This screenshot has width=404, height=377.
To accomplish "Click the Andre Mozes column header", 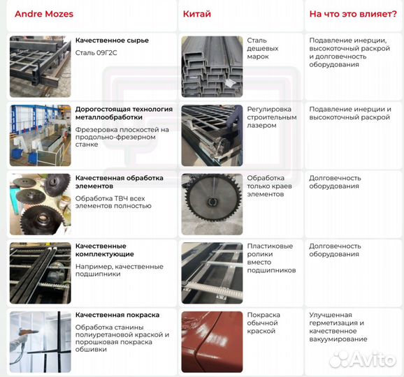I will coord(43,14).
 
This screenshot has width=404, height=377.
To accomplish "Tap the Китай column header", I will coord(197,14).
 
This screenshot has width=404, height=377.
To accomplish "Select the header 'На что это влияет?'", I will coord(344,14).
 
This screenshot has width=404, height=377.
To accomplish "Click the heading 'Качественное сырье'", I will coord(112,40).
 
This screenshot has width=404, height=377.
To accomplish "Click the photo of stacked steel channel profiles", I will coord(212,67).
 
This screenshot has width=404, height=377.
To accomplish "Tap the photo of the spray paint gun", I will coord(40,341).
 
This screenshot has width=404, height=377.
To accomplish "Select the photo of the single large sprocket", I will coord(212,204).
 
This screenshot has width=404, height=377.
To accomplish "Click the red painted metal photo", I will coord(212,341).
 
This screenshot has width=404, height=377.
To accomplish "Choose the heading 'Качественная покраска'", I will coord(117,315).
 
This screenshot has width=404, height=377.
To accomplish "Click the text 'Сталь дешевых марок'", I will coord(263,48).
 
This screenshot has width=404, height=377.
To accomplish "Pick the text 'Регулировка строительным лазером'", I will coord(272,117).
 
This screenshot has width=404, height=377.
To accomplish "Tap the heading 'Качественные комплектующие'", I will coord(105,250).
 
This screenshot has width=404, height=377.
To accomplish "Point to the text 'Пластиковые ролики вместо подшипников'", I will coord(271,258).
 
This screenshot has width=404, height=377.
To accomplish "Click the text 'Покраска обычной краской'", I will coord(264,323).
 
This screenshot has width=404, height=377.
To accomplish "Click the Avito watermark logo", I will coord(363,358).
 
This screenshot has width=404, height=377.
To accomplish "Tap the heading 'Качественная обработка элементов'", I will coord(120,182).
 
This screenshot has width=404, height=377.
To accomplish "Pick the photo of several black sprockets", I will coord(40,204).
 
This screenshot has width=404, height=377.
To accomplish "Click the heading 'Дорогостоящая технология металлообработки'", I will coord(124,113).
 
